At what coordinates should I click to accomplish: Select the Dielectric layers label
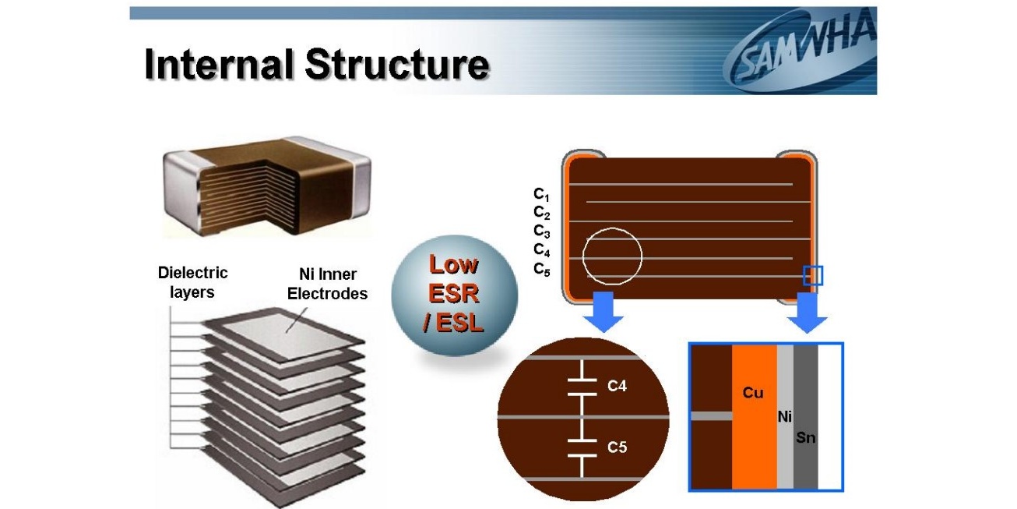click(192, 282)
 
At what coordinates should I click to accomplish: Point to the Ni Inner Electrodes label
click(327, 284)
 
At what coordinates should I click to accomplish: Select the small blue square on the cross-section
click(813, 275)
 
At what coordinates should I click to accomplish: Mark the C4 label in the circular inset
click(617, 385)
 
